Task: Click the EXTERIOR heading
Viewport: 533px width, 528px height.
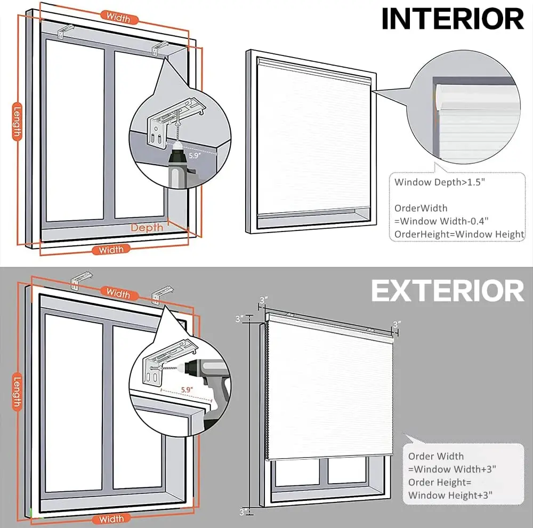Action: tap(448, 291)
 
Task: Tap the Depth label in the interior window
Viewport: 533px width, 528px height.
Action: tap(147, 228)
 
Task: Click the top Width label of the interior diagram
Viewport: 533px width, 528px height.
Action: tap(118, 17)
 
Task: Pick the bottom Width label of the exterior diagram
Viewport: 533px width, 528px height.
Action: tap(111, 519)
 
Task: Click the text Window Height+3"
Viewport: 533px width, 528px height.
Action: tap(450, 495)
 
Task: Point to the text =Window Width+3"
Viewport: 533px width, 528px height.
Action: tap(453, 469)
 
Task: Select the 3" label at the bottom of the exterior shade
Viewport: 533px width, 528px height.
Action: tap(244, 512)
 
